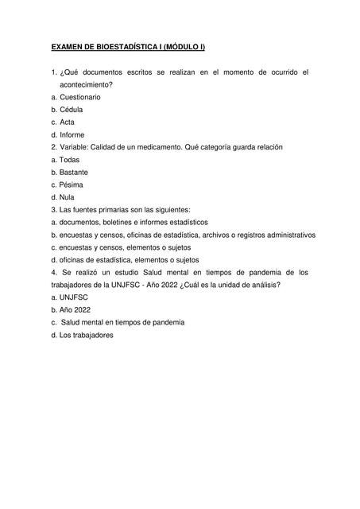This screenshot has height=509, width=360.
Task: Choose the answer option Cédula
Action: click(71, 109)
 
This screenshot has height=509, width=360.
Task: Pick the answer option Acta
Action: click(67, 122)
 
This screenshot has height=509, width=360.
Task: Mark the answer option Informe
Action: click(72, 134)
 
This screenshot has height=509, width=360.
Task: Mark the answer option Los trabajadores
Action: click(86, 335)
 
